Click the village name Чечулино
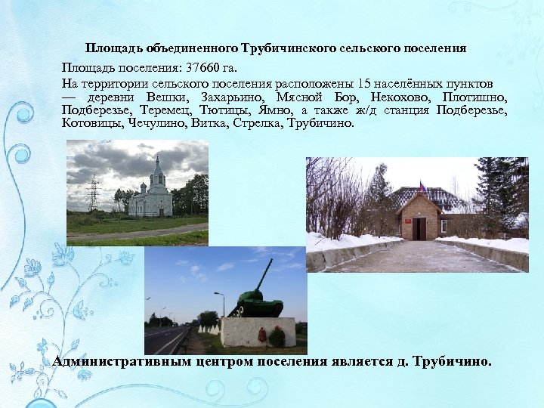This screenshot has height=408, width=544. [157, 123]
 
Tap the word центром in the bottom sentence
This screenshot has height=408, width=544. [228, 361]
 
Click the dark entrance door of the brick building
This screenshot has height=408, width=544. [419, 229]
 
